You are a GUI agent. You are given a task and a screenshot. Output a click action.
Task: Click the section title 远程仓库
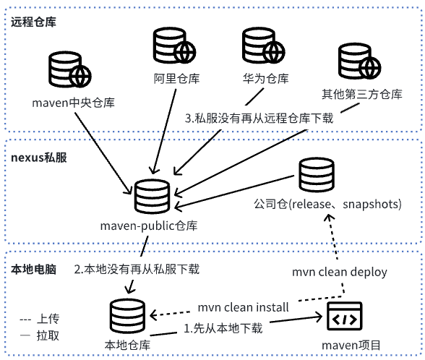[x=33, y=21]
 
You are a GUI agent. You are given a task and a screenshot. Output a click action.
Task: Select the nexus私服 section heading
[x=40, y=158]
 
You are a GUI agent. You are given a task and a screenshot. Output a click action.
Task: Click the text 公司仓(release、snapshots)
[x=327, y=204]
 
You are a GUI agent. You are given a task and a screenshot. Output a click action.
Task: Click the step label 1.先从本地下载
[x=223, y=327]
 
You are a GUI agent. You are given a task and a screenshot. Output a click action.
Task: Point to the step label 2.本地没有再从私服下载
[x=137, y=269]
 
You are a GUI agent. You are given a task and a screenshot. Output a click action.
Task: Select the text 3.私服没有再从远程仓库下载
[x=259, y=119]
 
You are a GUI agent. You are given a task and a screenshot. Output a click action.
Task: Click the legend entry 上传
[x=42, y=318]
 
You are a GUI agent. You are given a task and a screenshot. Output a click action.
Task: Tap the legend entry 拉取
[x=42, y=335]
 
